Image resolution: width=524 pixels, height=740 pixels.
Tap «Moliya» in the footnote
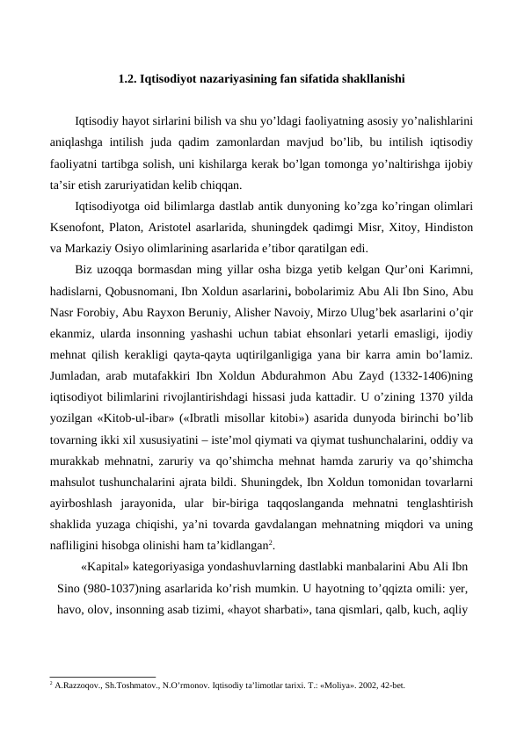[325, 682]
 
